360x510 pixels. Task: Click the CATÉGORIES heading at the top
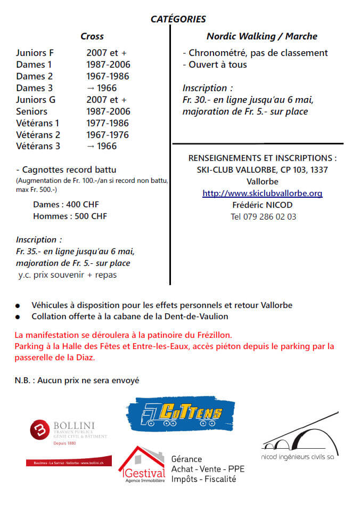tap(178, 19)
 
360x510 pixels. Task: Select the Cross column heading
tap(92, 36)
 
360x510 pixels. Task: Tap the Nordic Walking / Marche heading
tap(261, 36)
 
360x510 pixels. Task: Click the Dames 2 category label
tap(34, 76)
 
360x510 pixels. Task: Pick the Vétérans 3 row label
tap(38, 146)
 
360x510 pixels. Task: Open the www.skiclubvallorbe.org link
tap(262, 193)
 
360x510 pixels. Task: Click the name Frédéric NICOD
tap(263, 205)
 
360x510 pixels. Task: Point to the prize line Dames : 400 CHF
tap(66, 205)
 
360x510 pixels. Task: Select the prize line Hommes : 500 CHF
tap(70, 216)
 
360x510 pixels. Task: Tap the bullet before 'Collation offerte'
tap(18, 317)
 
